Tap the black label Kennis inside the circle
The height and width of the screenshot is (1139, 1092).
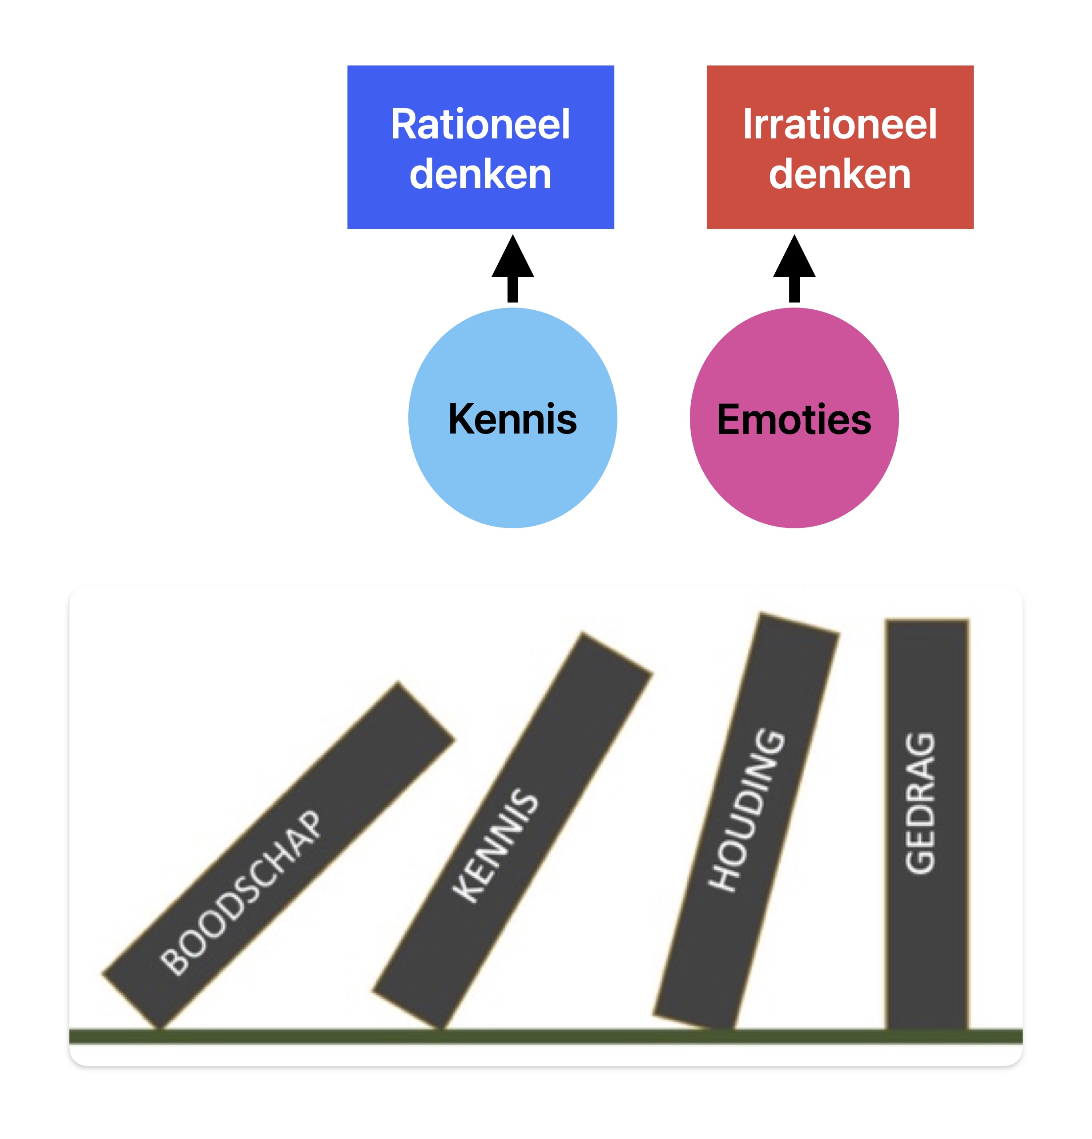click(512, 418)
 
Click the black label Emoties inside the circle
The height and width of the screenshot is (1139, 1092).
click(794, 419)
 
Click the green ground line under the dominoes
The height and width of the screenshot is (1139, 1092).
click(546, 1036)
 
